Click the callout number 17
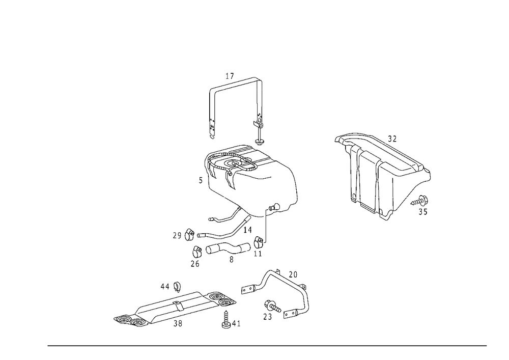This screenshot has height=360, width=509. pyautogui.click(x=230, y=76)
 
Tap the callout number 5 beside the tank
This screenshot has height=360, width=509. pyautogui.click(x=201, y=180)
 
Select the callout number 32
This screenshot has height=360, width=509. pyautogui.click(x=392, y=139)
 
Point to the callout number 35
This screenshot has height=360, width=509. pyautogui.click(x=422, y=212)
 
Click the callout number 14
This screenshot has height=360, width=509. pyautogui.click(x=247, y=230)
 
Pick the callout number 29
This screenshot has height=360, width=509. pyautogui.click(x=177, y=236)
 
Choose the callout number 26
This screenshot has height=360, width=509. pyautogui.click(x=195, y=264)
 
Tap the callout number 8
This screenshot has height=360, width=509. pyautogui.click(x=231, y=260)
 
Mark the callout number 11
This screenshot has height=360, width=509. pyautogui.click(x=258, y=254)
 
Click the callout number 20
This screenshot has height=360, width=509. pyautogui.click(x=293, y=274)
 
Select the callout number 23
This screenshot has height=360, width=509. pyautogui.click(x=268, y=317)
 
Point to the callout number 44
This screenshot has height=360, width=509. pyautogui.click(x=165, y=287)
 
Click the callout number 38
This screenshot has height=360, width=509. pyautogui.click(x=178, y=324)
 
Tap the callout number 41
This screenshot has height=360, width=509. pyautogui.click(x=236, y=324)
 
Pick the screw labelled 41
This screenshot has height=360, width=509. pyautogui.click(x=226, y=319)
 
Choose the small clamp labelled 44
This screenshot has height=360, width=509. pyautogui.click(x=177, y=287)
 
